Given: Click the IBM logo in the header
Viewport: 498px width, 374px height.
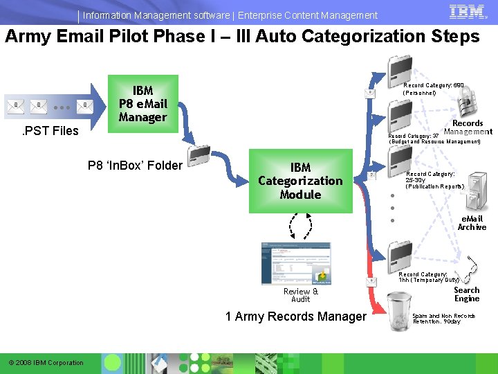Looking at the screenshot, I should tap(467, 12).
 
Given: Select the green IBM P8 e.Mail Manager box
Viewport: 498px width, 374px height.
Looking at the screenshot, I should tap(144, 104).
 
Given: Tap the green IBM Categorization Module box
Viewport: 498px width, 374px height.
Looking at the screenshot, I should tap(300, 181).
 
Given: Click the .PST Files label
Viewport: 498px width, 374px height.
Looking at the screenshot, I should tap(51, 131).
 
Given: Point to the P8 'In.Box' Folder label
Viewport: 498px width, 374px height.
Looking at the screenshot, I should tap(135, 166).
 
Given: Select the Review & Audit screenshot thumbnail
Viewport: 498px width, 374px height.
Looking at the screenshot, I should tap(296, 263).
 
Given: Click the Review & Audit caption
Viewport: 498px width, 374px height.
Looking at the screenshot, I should tap(301, 295).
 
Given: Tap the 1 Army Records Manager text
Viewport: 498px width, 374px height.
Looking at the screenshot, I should tap(296, 317).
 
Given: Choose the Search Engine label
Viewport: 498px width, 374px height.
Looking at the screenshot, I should tap(467, 294).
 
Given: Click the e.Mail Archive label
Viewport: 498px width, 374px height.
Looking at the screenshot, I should tap(472, 223).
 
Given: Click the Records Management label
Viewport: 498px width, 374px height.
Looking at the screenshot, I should tap(468, 127).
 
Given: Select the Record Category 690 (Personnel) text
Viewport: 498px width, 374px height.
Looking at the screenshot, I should tap(433, 88).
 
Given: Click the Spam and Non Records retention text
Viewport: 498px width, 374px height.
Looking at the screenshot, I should tap(443, 319).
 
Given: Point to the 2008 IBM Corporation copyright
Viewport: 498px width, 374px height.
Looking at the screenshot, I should tap(46, 363).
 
